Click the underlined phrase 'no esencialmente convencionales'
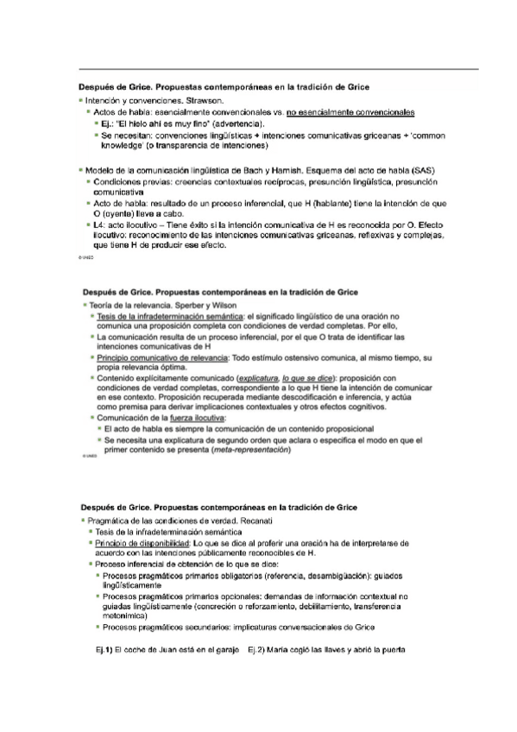(350, 112)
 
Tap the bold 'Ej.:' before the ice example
(110, 124)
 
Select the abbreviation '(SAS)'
(425, 169)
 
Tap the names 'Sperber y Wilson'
(182, 306)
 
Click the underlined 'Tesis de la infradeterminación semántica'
(171, 318)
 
